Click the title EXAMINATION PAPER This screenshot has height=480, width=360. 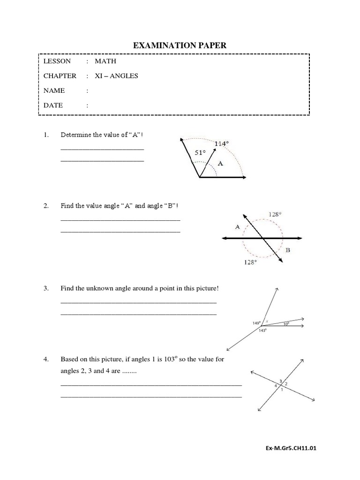[180, 45]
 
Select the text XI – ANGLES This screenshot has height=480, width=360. [116, 76]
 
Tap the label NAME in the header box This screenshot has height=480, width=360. [54, 90]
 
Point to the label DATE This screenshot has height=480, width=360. [53, 105]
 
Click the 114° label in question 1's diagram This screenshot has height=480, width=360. [222, 144]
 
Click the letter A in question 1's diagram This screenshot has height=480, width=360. [221, 164]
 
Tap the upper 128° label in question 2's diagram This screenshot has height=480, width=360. [275, 214]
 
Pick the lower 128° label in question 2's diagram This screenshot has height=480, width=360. [250, 262]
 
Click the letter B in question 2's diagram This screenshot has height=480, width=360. [288, 250]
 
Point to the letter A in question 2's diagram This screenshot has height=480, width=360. [237, 226]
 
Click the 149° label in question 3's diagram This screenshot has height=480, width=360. [256, 323]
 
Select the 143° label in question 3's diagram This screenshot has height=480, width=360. [262, 330]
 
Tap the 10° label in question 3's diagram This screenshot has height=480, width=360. [286, 323]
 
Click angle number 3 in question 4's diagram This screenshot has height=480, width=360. [280, 381]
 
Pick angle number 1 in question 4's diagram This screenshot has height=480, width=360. [282, 389]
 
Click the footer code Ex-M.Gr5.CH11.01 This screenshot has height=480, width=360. [291, 448]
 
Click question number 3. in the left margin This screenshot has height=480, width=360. [46, 288]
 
